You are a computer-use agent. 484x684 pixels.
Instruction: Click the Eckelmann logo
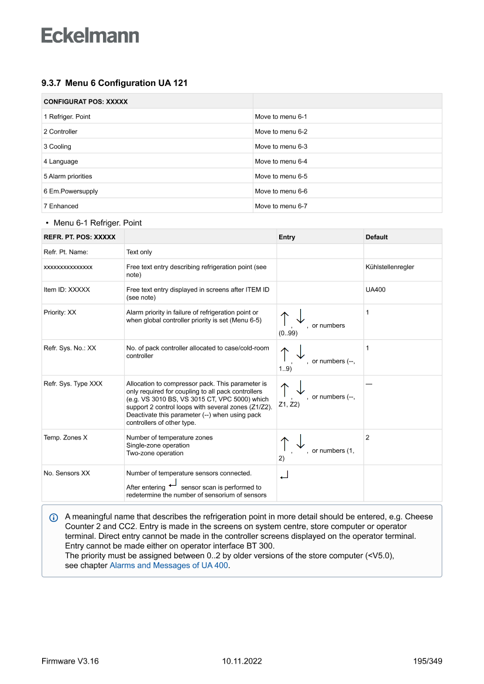click(x=90, y=36)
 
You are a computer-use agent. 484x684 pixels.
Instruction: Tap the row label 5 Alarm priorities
click(x=68, y=176)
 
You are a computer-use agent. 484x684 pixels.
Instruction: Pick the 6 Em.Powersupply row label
click(x=71, y=191)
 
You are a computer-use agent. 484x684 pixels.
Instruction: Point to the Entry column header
click(x=287, y=237)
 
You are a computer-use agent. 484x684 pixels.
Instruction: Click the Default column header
click(x=376, y=237)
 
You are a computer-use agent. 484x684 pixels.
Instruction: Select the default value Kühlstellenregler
click(x=390, y=267)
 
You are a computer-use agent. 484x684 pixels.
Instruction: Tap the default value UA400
click(x=375, y=290)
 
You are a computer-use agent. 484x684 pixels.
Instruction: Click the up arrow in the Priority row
click(x=284, y=319)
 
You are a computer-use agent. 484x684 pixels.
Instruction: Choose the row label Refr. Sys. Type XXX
click(x=73, y=384)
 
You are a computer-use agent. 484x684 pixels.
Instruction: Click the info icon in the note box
click(x=54, y=517)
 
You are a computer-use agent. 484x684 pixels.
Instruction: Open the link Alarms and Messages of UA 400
click(x=169, y=565)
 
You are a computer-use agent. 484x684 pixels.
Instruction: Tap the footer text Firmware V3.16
click(x=70, y=661)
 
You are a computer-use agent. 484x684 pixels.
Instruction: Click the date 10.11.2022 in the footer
click(x=242, y=661)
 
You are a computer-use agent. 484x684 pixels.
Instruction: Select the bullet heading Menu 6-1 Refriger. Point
click(x=97, y=223)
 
